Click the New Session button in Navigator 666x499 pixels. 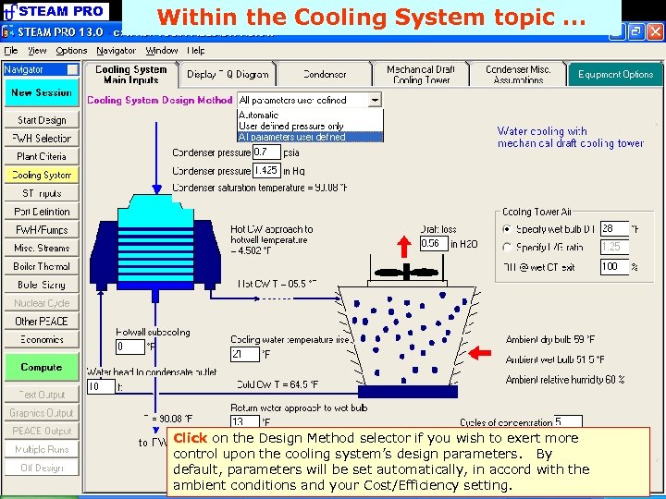41,92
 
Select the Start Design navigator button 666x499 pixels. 41,120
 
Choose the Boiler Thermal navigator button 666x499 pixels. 41,266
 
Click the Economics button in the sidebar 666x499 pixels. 41,339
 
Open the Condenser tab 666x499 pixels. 325,74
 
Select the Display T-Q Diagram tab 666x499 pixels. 228,74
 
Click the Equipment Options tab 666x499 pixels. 615,74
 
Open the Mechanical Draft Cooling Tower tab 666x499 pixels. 421,74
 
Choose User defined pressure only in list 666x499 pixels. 290,126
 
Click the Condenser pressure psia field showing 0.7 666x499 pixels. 265,152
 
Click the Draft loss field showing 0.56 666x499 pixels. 433,244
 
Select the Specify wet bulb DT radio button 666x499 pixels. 506,228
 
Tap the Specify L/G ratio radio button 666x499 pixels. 506,247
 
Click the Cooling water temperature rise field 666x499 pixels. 245,354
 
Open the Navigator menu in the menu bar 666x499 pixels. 116,51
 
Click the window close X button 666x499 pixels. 655,31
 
